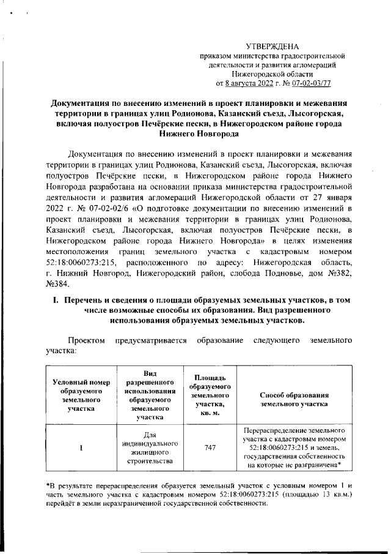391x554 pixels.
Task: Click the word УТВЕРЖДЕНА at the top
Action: click(x=272, y=47)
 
